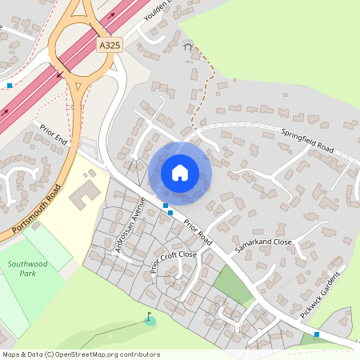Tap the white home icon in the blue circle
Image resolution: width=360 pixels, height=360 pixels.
[180, 172]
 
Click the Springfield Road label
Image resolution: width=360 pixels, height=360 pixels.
[306, 140]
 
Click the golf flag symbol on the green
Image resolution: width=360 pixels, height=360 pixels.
[149, 319]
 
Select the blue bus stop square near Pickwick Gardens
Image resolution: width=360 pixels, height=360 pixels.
[317, 334]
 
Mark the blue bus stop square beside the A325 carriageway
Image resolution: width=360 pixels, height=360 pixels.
[10, 85]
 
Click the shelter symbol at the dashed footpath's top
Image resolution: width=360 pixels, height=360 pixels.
[189, 46]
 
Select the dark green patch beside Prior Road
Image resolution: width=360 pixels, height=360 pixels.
[233, 282]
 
